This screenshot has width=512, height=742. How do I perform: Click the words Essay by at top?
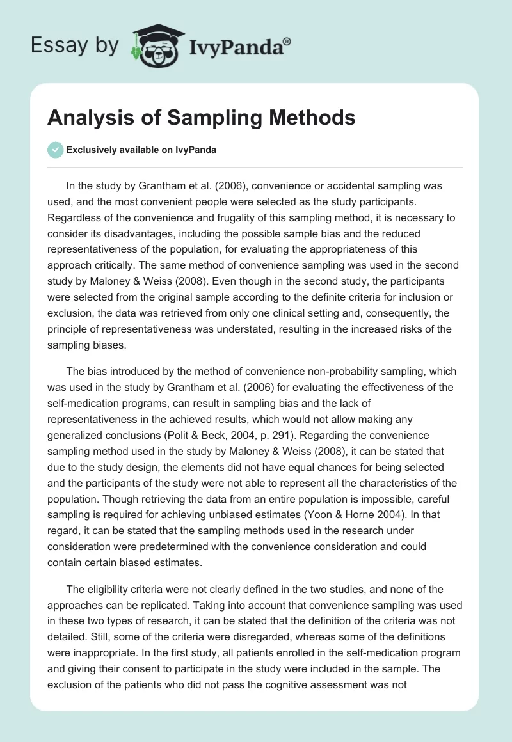(75, 45)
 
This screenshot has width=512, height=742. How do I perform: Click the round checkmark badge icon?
(55, 150)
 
